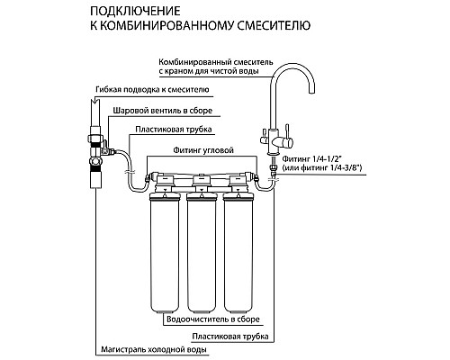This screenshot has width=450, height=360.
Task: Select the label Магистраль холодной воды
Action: tap(158, 349)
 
